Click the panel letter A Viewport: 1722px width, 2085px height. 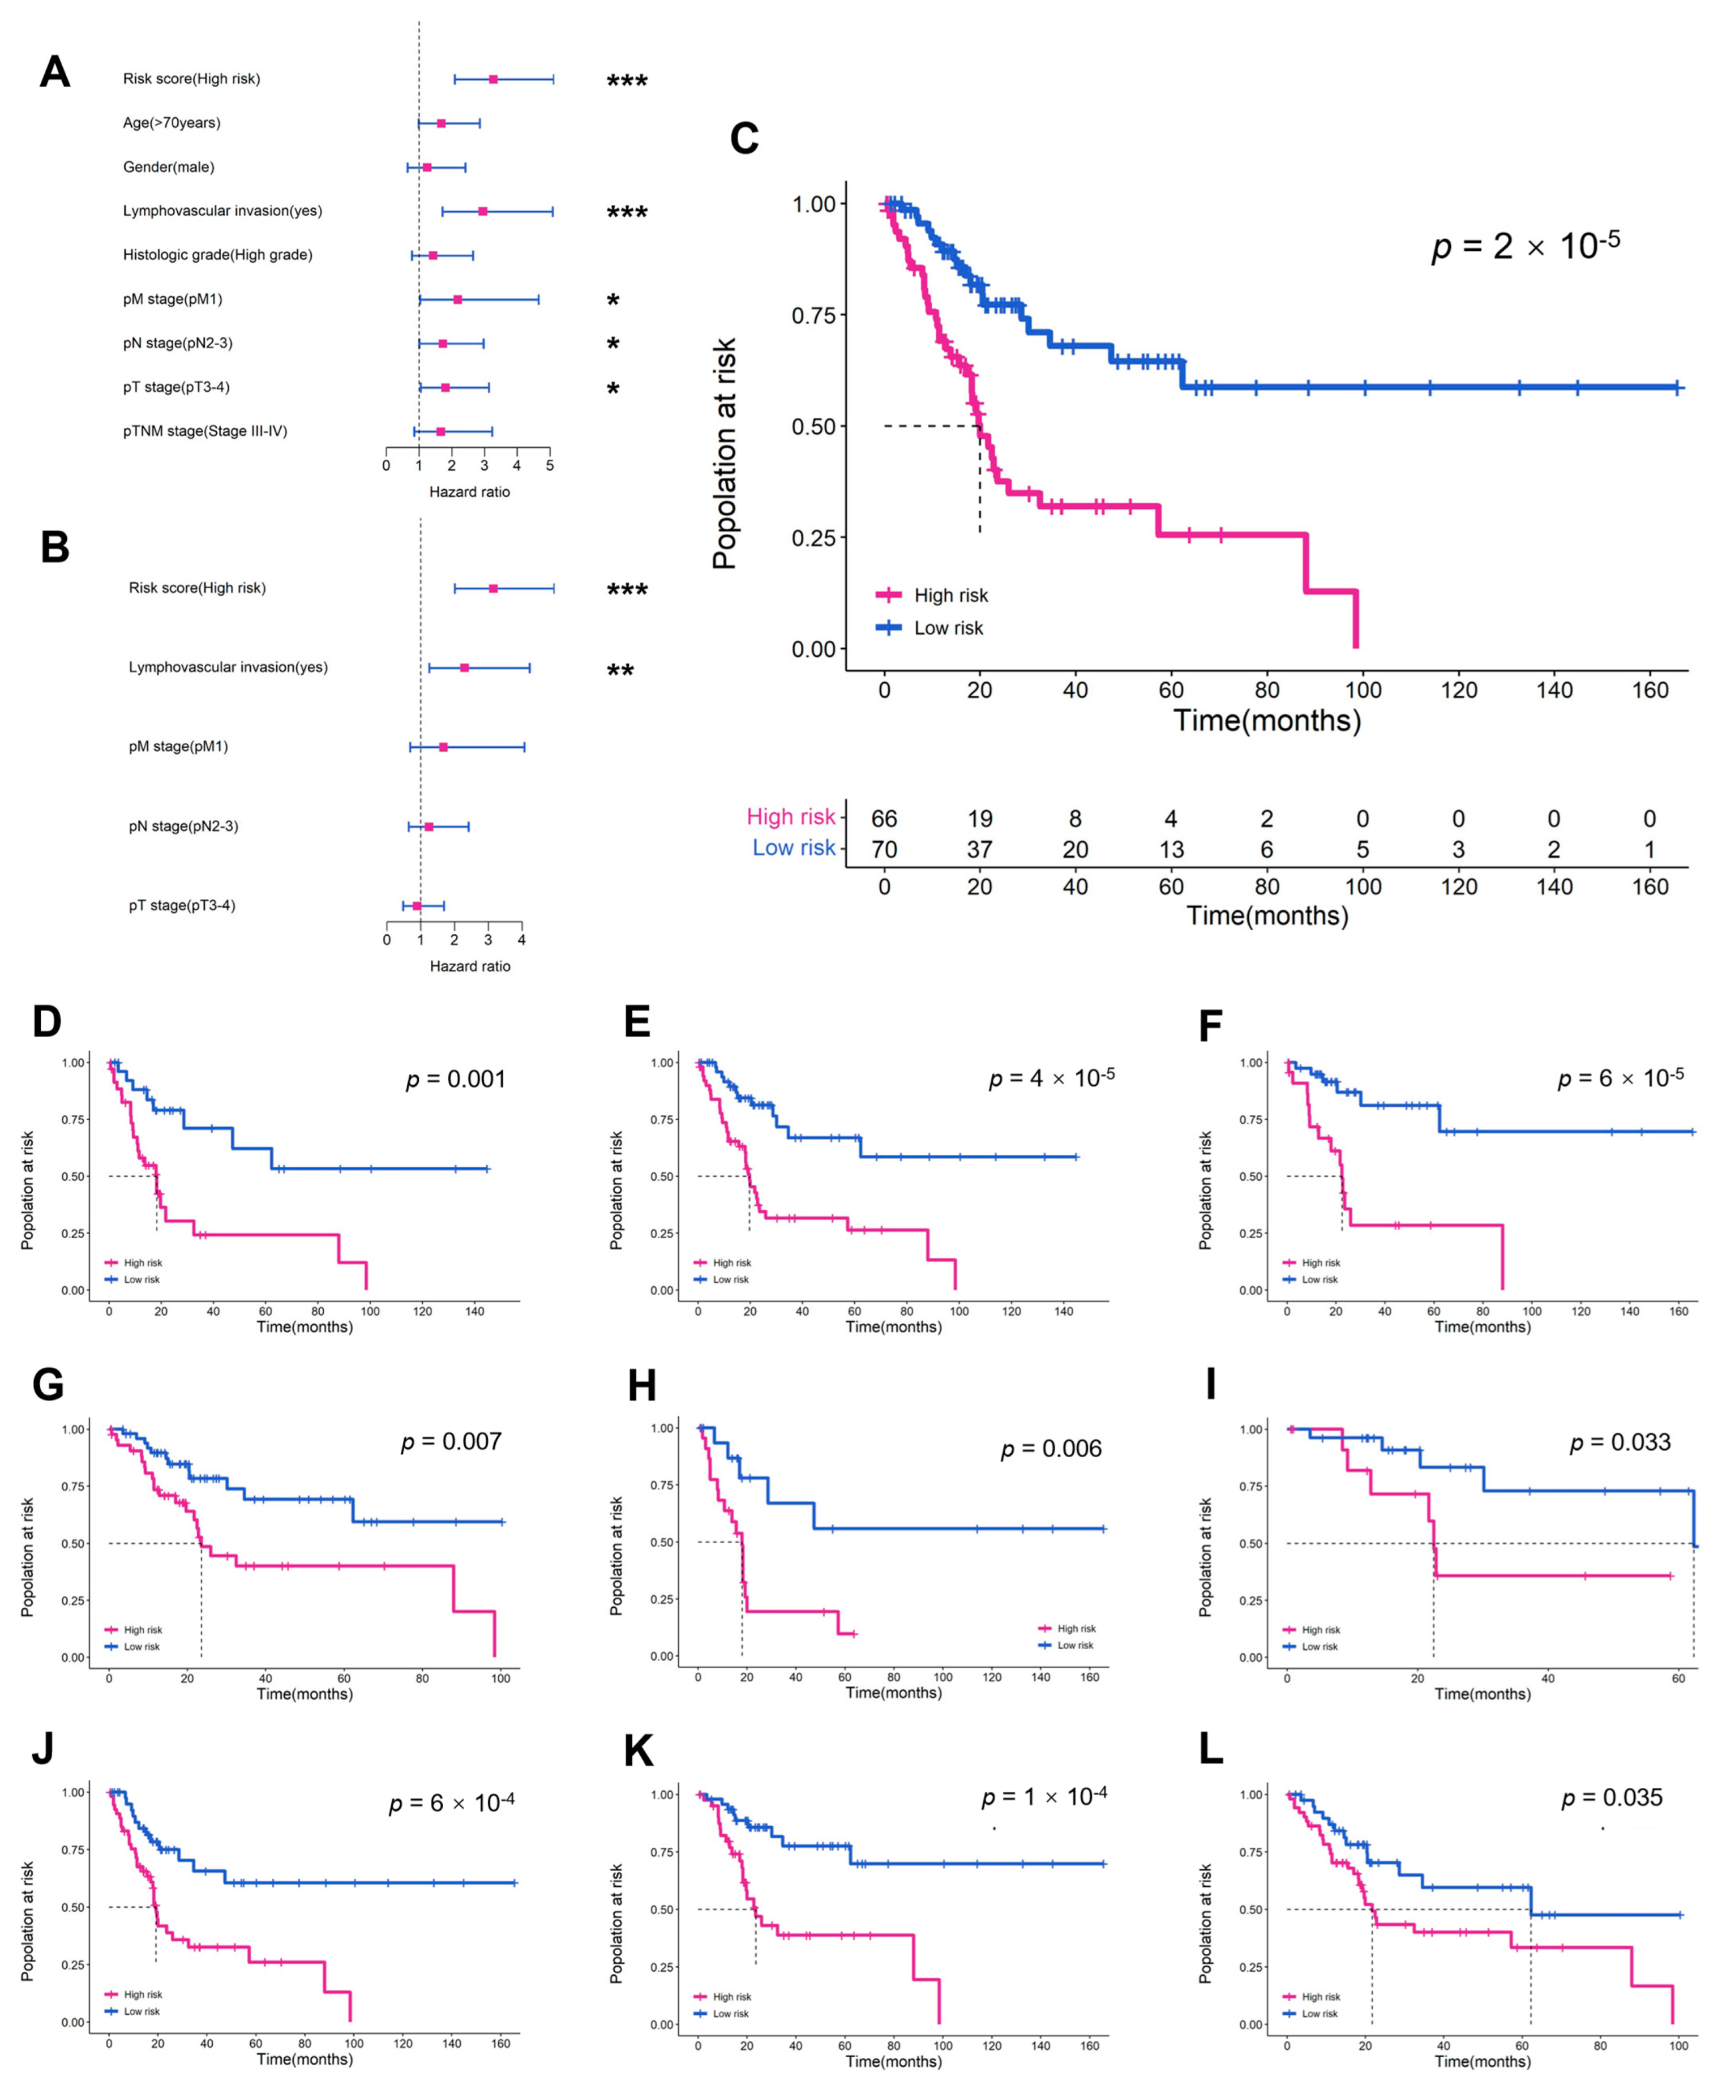click(54, 72)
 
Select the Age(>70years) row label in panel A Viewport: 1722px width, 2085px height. click(172, 123)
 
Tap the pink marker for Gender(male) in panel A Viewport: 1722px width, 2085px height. click(426, 168)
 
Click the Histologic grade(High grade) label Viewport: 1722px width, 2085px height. click(217, 255)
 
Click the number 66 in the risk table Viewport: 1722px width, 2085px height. click(884, 819)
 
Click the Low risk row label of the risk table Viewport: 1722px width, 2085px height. click(794, 848)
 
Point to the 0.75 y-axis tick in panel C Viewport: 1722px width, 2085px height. click(813, 315)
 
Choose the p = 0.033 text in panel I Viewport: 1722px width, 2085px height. click(1620, 1442)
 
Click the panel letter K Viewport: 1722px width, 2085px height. click(638, 1752)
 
